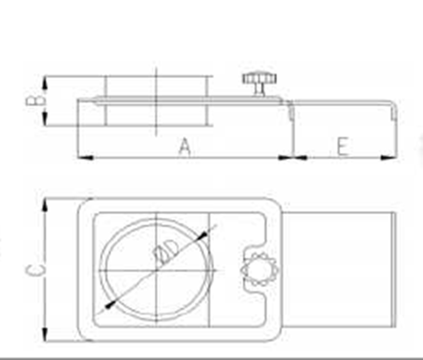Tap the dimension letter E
[x=343, y=146]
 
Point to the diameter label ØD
[x=166, y=252]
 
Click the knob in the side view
[x=259, y=83]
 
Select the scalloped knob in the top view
[x=259, y=270]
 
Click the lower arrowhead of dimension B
[x=45, y=118]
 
